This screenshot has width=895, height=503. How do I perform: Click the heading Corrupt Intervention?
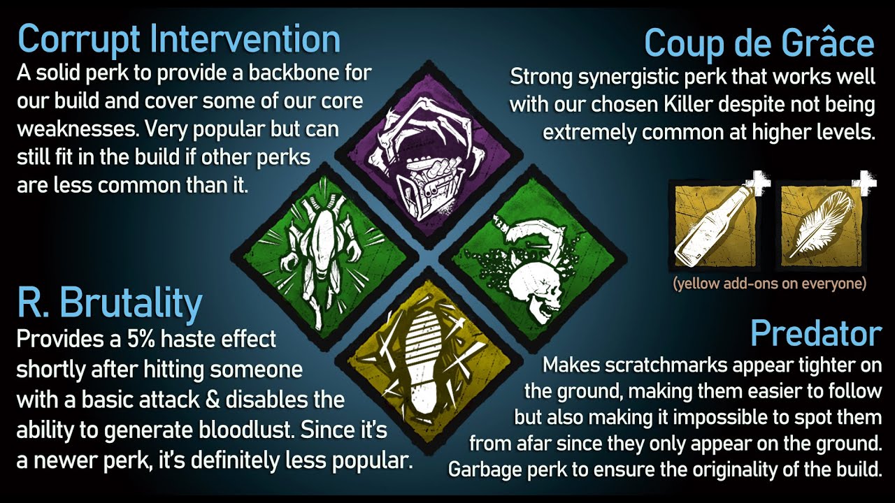tap(178, 40)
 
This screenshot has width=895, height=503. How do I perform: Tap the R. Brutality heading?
tap(110, 302)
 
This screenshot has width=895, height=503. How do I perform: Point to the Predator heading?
tap(816, 334)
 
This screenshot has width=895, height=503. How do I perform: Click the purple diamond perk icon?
tap(429, 154)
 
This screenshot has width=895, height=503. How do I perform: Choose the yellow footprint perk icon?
tap(429, 362)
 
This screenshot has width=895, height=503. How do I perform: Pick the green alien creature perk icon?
tap(324, 258)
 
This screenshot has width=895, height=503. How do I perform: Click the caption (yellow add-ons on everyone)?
tap(770, 284)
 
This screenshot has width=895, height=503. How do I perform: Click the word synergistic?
tap(629, 77)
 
